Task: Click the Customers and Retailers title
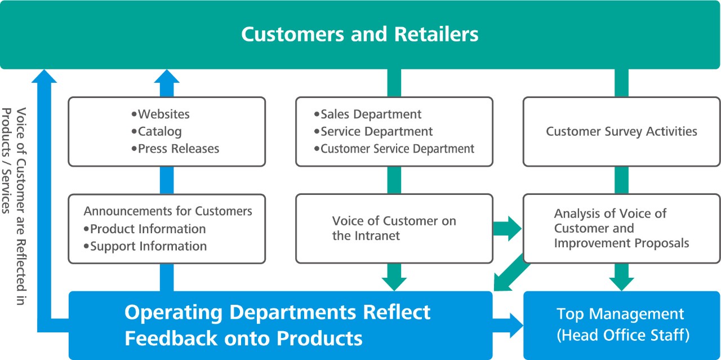pos(360,34)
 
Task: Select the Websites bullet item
pos(163,114)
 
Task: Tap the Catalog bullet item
pos(159,132)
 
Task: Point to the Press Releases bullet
pos(178,149)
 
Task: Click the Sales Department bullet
pos(371,114)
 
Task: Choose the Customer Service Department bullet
pos(397,149)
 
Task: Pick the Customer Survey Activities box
pos(621,132)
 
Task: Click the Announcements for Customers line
pos(168,211)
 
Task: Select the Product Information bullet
pos(148,229)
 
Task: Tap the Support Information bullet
pos(148,246)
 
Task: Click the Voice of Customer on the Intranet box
pos(394,228)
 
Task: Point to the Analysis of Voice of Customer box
pos(621,228)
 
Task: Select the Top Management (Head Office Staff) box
pos(621,325)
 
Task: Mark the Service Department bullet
pos(376,132)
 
